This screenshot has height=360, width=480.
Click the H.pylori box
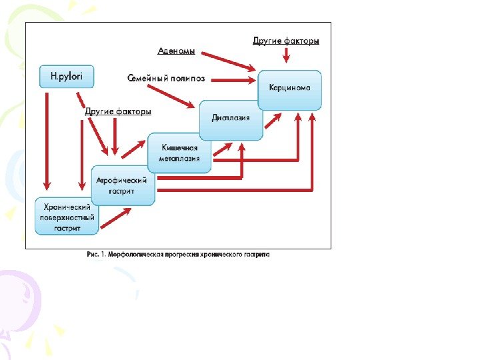pyautogui.click(x=67, y=77)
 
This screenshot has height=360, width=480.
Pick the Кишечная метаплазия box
pyautogui.click(x=179, y=153)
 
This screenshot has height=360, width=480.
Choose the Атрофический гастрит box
pyautogui.click(x=123, y=185)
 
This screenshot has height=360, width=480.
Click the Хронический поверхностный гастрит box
pyautogui.click(x=67, y=217)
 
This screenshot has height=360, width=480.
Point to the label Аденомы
pyautogui.click(x=177, y=51)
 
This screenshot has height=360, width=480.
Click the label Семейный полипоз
pyautogui.click(x=166, y=78)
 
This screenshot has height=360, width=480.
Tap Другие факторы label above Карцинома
pyautogui.click(x=286, y=41)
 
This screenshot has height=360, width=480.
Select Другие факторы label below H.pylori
pyautogui.click(x=118, y=111)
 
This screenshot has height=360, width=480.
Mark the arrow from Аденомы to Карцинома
pyautogui.click(x=227, y=60)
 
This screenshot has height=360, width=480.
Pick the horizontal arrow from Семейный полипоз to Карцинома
pyautogui.click(x=233, y=79)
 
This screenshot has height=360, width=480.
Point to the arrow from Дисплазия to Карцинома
pyautogui.click(x=272, y=120)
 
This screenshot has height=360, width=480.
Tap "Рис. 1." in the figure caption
pyautogui.click(x=96, y=254)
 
